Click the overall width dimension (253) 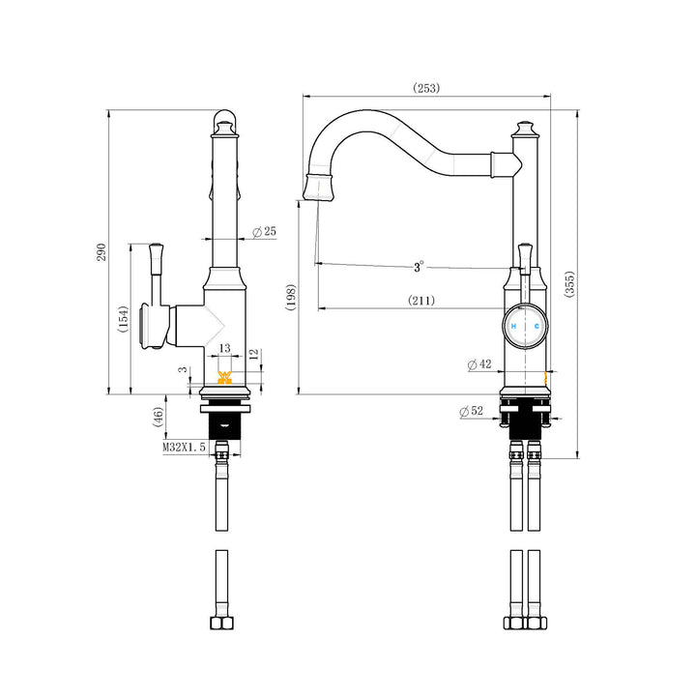pos(426,88)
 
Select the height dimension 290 pos(101,253)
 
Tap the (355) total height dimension pos(570,283)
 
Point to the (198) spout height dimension pos(291,297)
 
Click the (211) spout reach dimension pos(420,301)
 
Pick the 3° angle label pos(419,266)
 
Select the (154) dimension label pos(124,319)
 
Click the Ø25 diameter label pos(264,232)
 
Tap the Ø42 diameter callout pos(478,364)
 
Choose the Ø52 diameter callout pos(472,412)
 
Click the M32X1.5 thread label pos(184,448)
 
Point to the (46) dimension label pos(158,419)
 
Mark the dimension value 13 pos(224,347)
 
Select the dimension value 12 pos(253,356)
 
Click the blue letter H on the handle pos(514,328)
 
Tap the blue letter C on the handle pos(536,328)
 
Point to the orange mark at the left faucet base pos(225,378)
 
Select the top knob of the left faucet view pos(224,123)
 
